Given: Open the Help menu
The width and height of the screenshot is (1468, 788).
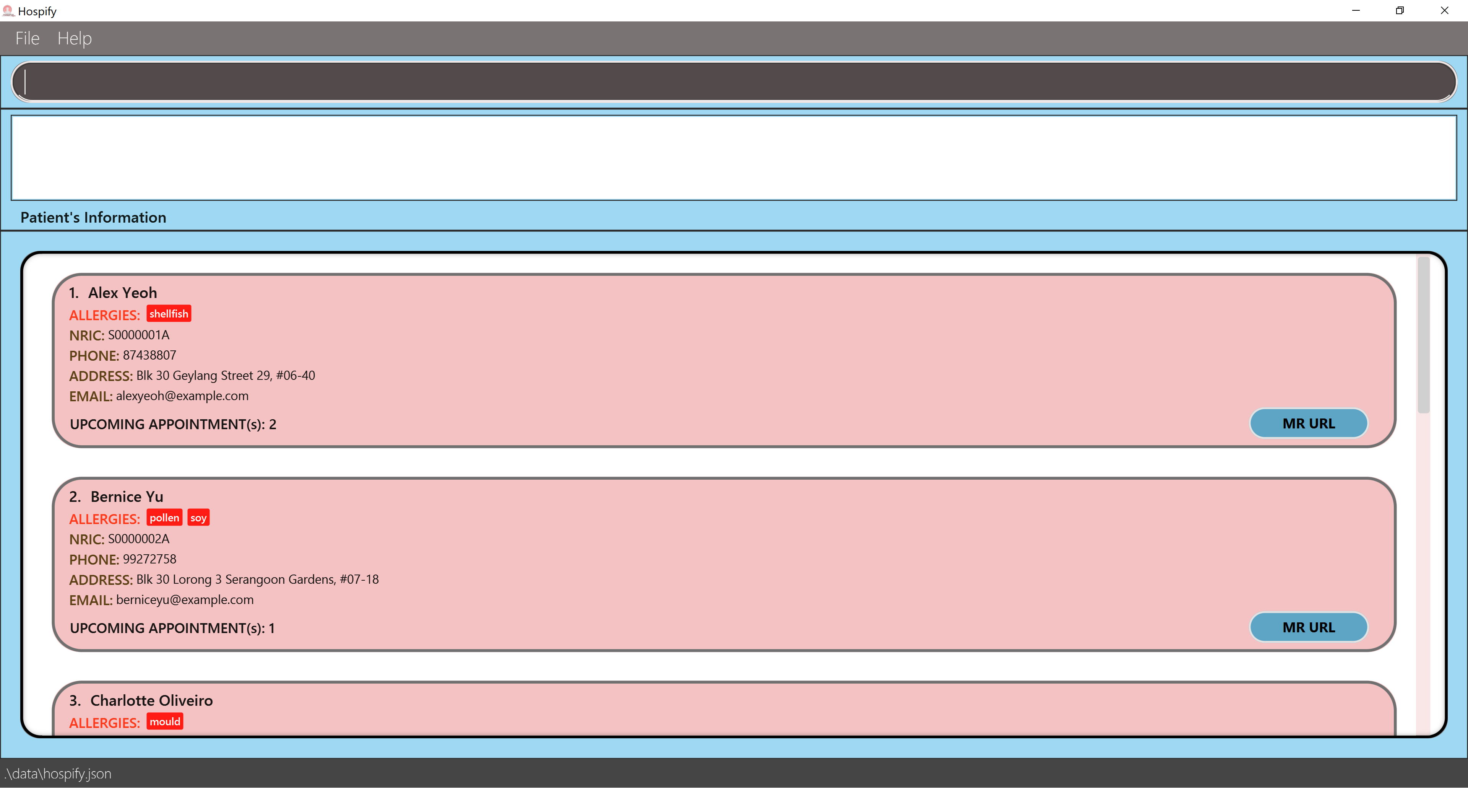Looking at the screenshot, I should [x=74, y=38].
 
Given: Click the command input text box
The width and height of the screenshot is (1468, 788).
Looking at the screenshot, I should [x=734, y=81].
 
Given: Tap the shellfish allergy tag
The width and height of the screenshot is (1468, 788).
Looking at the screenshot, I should [x=169, y=314].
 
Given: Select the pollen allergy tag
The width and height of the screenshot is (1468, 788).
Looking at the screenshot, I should [x=164, y=518].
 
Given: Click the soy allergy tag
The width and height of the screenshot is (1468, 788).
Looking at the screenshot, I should [x=198, y=518].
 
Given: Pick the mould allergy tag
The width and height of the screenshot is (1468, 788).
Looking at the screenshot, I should [x=165, y=721].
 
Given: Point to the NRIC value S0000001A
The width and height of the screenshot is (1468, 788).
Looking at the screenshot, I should [x=138, y=335].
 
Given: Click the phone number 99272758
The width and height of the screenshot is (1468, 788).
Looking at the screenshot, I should [x=149, y=559].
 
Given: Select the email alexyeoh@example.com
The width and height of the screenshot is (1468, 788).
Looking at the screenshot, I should [x=182, y=396].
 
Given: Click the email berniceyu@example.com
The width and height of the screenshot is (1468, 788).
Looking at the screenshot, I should [x=185, y=600].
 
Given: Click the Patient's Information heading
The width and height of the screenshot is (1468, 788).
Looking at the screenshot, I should [x=93, y=217].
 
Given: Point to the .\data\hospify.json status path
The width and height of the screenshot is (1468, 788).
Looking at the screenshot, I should [x=58, y=773].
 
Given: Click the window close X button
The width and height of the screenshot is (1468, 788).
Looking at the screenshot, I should [x=1444, y=10].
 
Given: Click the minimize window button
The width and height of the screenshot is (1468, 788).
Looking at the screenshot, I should [x=1356, y=10].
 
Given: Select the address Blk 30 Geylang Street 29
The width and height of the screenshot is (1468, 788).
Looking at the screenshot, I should [x=225, y=376].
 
